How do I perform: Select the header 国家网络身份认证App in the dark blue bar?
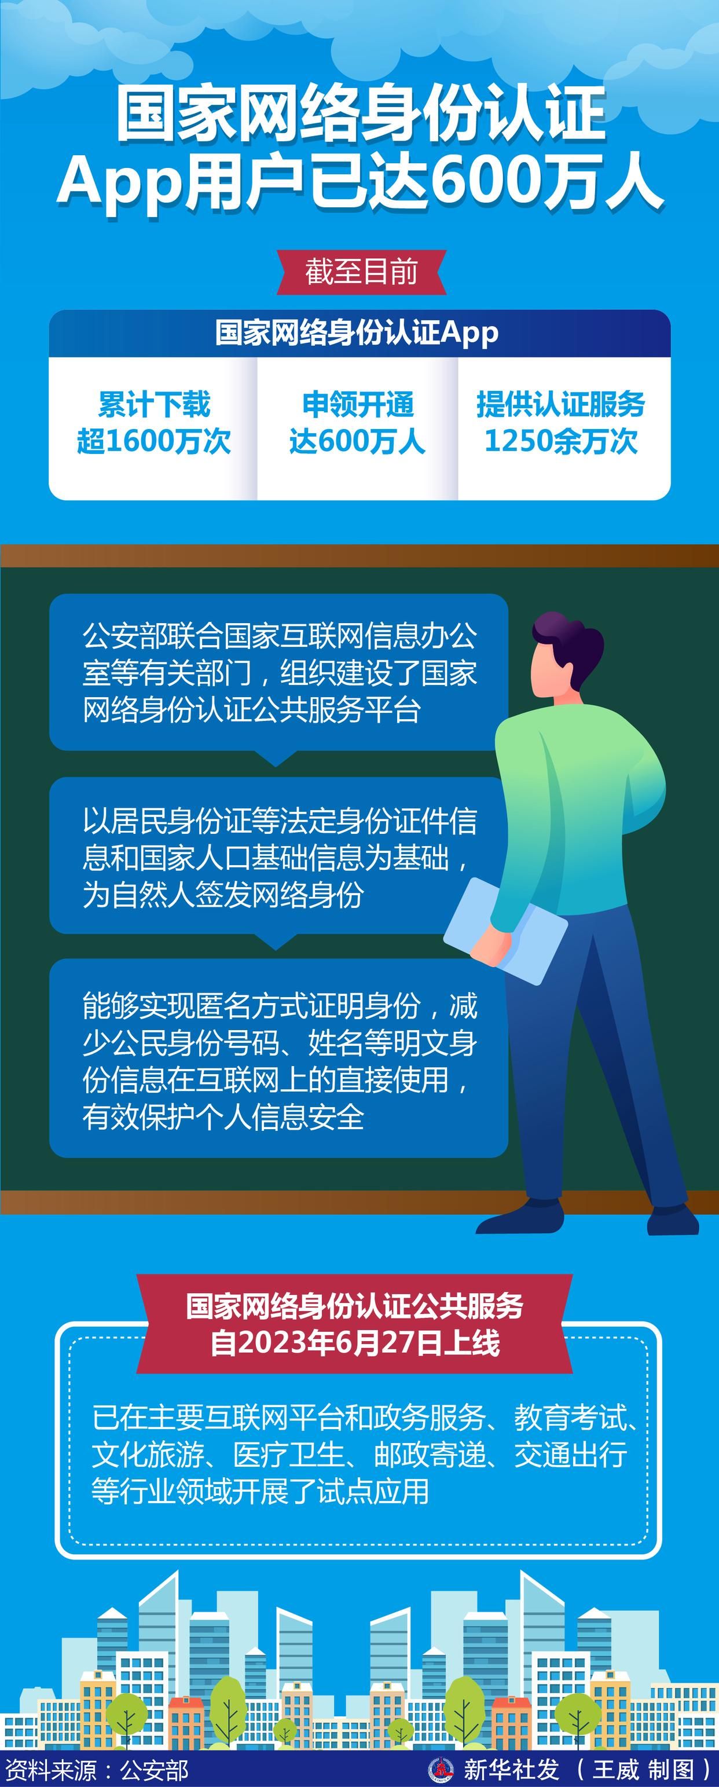pos(357,333)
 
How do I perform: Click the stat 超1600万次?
pos(153,441)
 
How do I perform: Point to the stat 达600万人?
pos(357,441)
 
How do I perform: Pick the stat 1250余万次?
pos(561,441)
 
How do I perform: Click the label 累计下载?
pos(153,404)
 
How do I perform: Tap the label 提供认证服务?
pos(561,404)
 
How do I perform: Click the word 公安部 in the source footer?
pos(154,1770)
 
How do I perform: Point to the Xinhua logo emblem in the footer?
pos(441,1770)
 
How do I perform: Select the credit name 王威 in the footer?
pos(616,1770)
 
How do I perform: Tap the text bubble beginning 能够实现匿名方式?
pos(278,1059)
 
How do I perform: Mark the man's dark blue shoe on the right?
pos(673,1220)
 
